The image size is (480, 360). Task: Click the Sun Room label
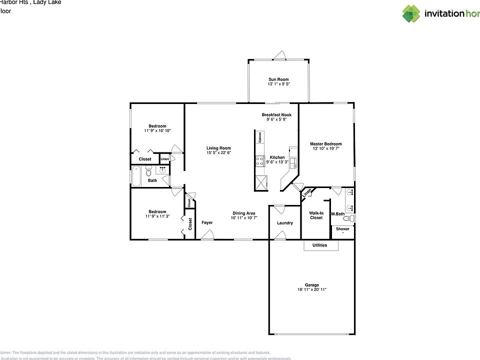[278, 79]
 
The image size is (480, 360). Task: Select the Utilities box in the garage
[320, 245]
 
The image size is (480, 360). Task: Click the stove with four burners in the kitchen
[260, 161]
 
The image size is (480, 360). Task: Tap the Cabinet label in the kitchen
[260, 137]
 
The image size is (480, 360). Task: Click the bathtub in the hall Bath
[137, 176]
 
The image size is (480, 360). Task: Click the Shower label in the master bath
[342, 229]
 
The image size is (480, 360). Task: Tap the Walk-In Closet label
[316, 215]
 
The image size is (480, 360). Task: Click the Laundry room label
[285, 223]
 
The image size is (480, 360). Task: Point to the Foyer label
[207, 222]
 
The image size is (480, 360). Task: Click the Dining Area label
[243, 215]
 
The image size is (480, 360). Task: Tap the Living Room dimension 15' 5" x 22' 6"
[218, 153]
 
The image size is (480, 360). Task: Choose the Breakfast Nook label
[276, 114]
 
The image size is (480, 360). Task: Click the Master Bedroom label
[325, 143]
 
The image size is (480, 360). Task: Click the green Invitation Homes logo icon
[411, 13]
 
